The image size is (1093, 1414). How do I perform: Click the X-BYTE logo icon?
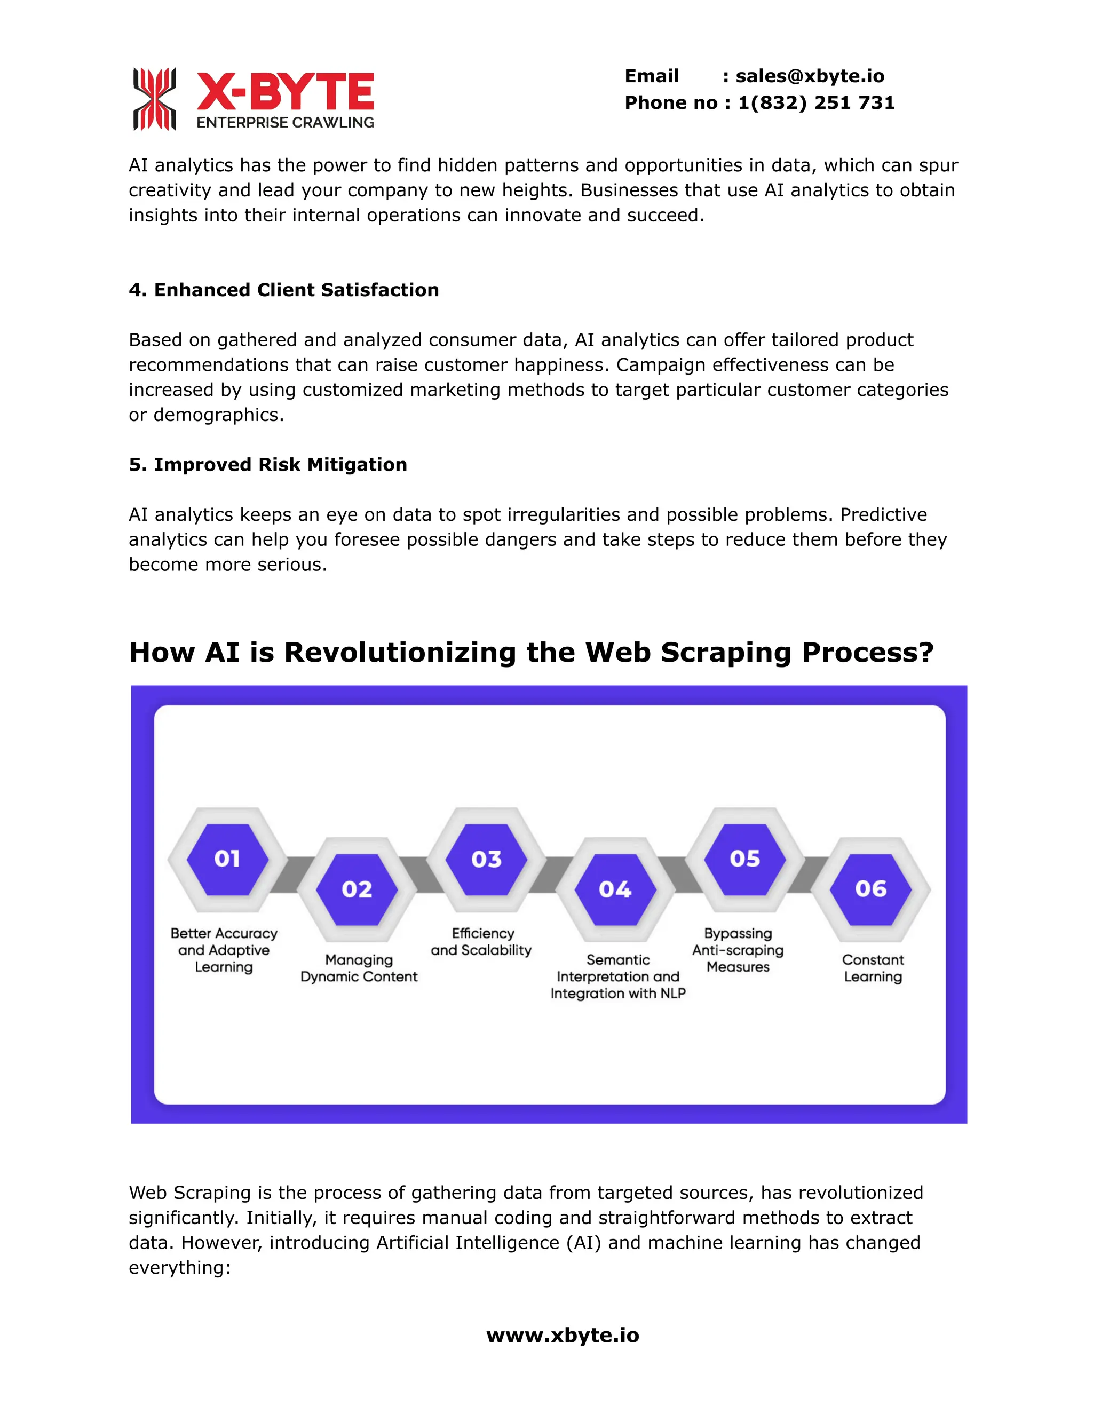tap(154, 99)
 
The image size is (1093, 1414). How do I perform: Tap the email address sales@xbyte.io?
tap(810, 76)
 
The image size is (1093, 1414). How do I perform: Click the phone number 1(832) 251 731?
tap(816, 103)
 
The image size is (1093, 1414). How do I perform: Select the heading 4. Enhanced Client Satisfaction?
tap(283, 290)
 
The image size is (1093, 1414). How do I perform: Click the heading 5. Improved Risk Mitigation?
tap(267, 465)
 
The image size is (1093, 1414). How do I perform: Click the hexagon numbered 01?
tap(227, 859)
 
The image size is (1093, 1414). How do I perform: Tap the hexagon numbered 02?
tap(357, 889)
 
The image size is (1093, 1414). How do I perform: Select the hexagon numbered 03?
tap(486, 859)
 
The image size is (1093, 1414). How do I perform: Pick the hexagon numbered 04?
tap(614, 889)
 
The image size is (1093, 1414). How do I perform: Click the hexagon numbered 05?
tap(744, 859)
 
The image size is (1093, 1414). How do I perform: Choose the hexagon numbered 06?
tap(871, 889)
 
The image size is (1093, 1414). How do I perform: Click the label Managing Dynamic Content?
tap(359, 968)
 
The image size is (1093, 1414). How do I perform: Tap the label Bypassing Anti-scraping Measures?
tap(738, 950)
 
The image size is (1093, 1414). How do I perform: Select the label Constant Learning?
tap(873, 968)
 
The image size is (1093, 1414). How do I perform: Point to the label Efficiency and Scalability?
tap(482, 942)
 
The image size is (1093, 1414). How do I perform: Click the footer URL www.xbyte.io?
tap(563, 1335)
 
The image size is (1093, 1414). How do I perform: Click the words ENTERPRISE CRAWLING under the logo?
tap(286, 122)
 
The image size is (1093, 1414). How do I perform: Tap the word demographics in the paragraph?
tap(218, 415)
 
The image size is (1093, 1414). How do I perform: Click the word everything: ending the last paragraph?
tap(179, 1268)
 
